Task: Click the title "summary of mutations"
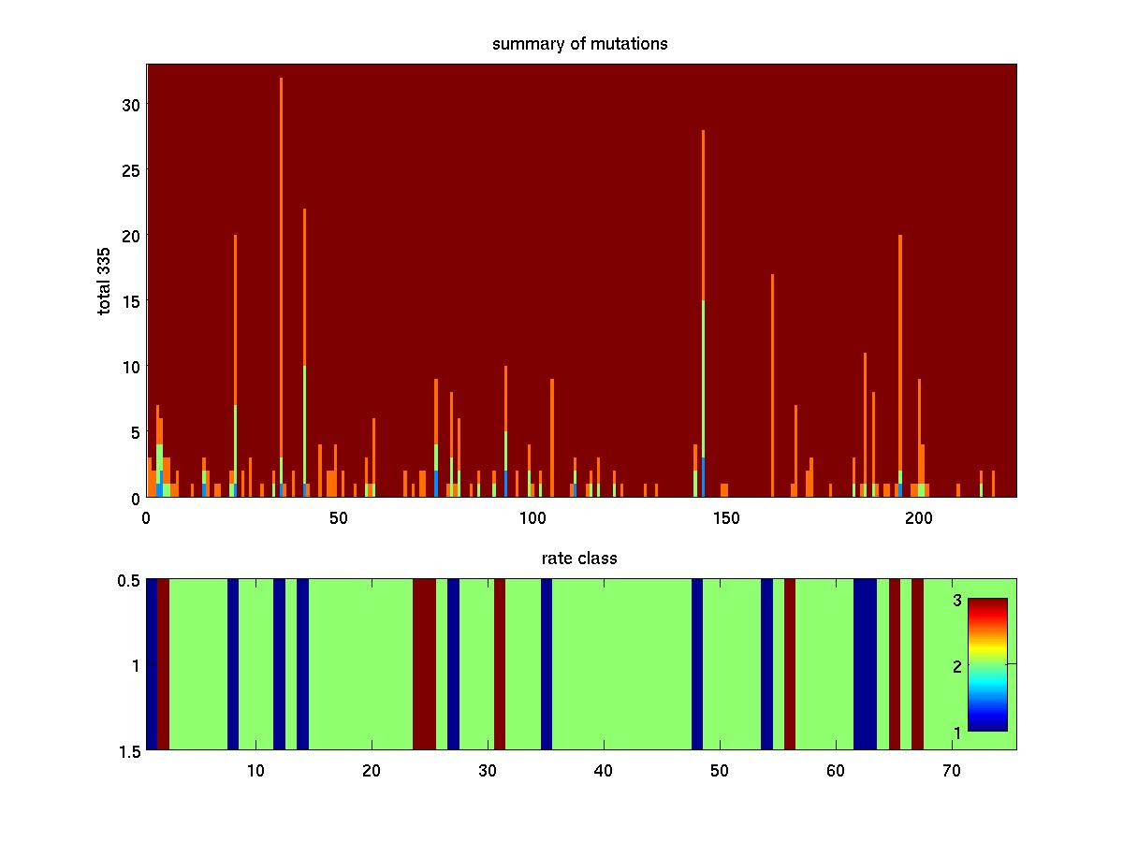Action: pos(580,44)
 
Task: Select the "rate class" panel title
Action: pos(579,559)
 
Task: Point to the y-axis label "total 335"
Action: pos(104,280)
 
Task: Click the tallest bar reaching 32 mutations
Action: pos(281,281)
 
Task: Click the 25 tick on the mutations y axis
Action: pos(130,170)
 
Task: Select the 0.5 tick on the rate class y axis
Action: pos(129,580)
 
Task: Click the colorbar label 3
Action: pos(957,600)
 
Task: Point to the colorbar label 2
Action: pos(957,665)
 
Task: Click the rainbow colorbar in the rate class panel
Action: pos(987,664)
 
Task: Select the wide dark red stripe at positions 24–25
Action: pos(424,664)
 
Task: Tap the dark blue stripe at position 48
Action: pos(696,664)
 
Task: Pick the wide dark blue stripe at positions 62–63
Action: pos(865,664)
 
